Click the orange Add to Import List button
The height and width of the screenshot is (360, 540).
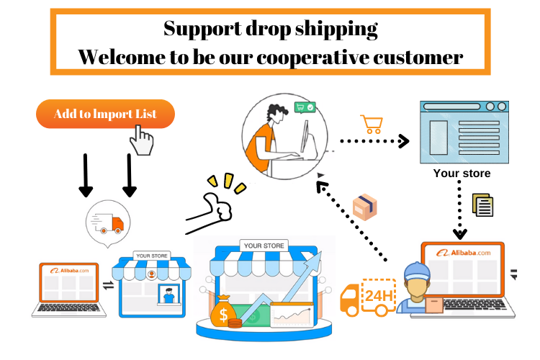pyautogui.click(x=105, y=114)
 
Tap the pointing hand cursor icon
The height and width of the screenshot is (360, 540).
pyautogui.click(x=142, y=140)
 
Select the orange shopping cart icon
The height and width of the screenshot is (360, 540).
pyautogui.click(x=372, y=125)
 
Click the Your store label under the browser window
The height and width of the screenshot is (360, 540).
pyautogui.click(x=462, y=173)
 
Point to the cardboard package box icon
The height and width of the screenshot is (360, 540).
pyautogui.click(x=365, y=207)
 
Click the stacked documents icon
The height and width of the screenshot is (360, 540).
pyautogui.click(x=482, y=205)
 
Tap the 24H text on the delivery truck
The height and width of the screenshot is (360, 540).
pyautogui.click(x=379, y=296)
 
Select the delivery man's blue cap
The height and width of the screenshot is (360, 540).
pyautogui.click(x=418, y=271)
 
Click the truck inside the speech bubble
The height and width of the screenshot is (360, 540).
pyautogui.click(x=107, y=223)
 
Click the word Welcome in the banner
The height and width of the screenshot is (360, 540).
pyautogui.click(x=121, y=57)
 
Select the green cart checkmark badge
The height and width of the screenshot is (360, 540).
pyautogui.click(x=305, y=107)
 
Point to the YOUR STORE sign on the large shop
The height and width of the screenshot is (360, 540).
pyautogui.click(x=264, y=246)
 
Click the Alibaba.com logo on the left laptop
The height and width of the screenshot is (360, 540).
pyautogui.click(x=69, y=271)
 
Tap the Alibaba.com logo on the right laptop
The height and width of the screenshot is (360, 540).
pyautogui.click(x=463, y=253)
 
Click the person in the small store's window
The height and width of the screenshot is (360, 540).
pyautogui.click(x=168, y=295)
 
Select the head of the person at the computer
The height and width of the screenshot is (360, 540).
pyautogui.click(x=276, y=112)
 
